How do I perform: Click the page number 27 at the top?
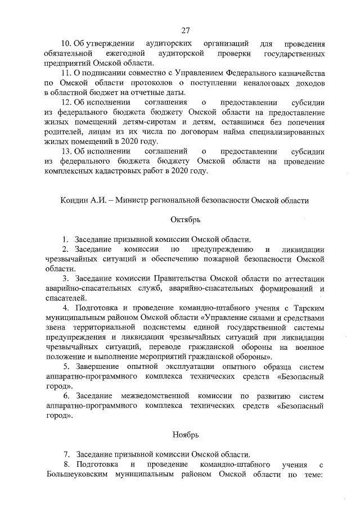point(186,30)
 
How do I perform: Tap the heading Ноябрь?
point(186,434)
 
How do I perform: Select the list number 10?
point(66,43)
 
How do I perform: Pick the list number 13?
point(66,151)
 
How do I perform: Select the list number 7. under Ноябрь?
point(66,454)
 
